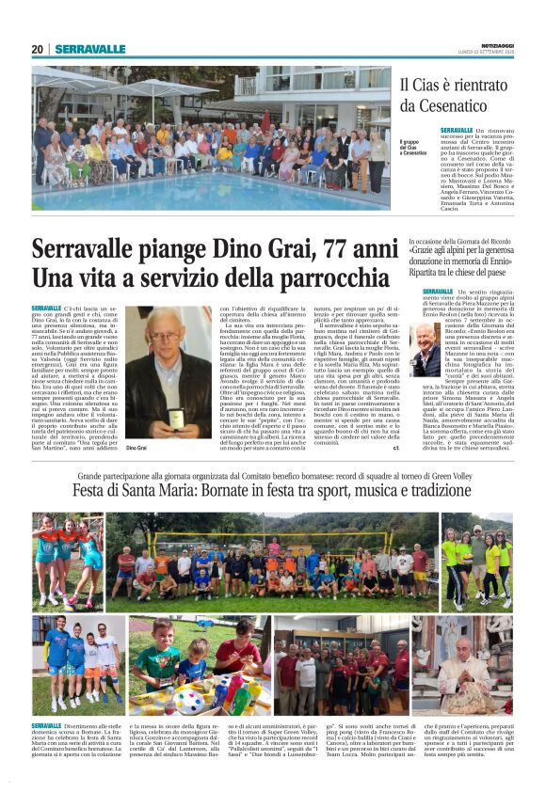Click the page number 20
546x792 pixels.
tap(38, 49)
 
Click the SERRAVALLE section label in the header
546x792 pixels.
tap(90, 49)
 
